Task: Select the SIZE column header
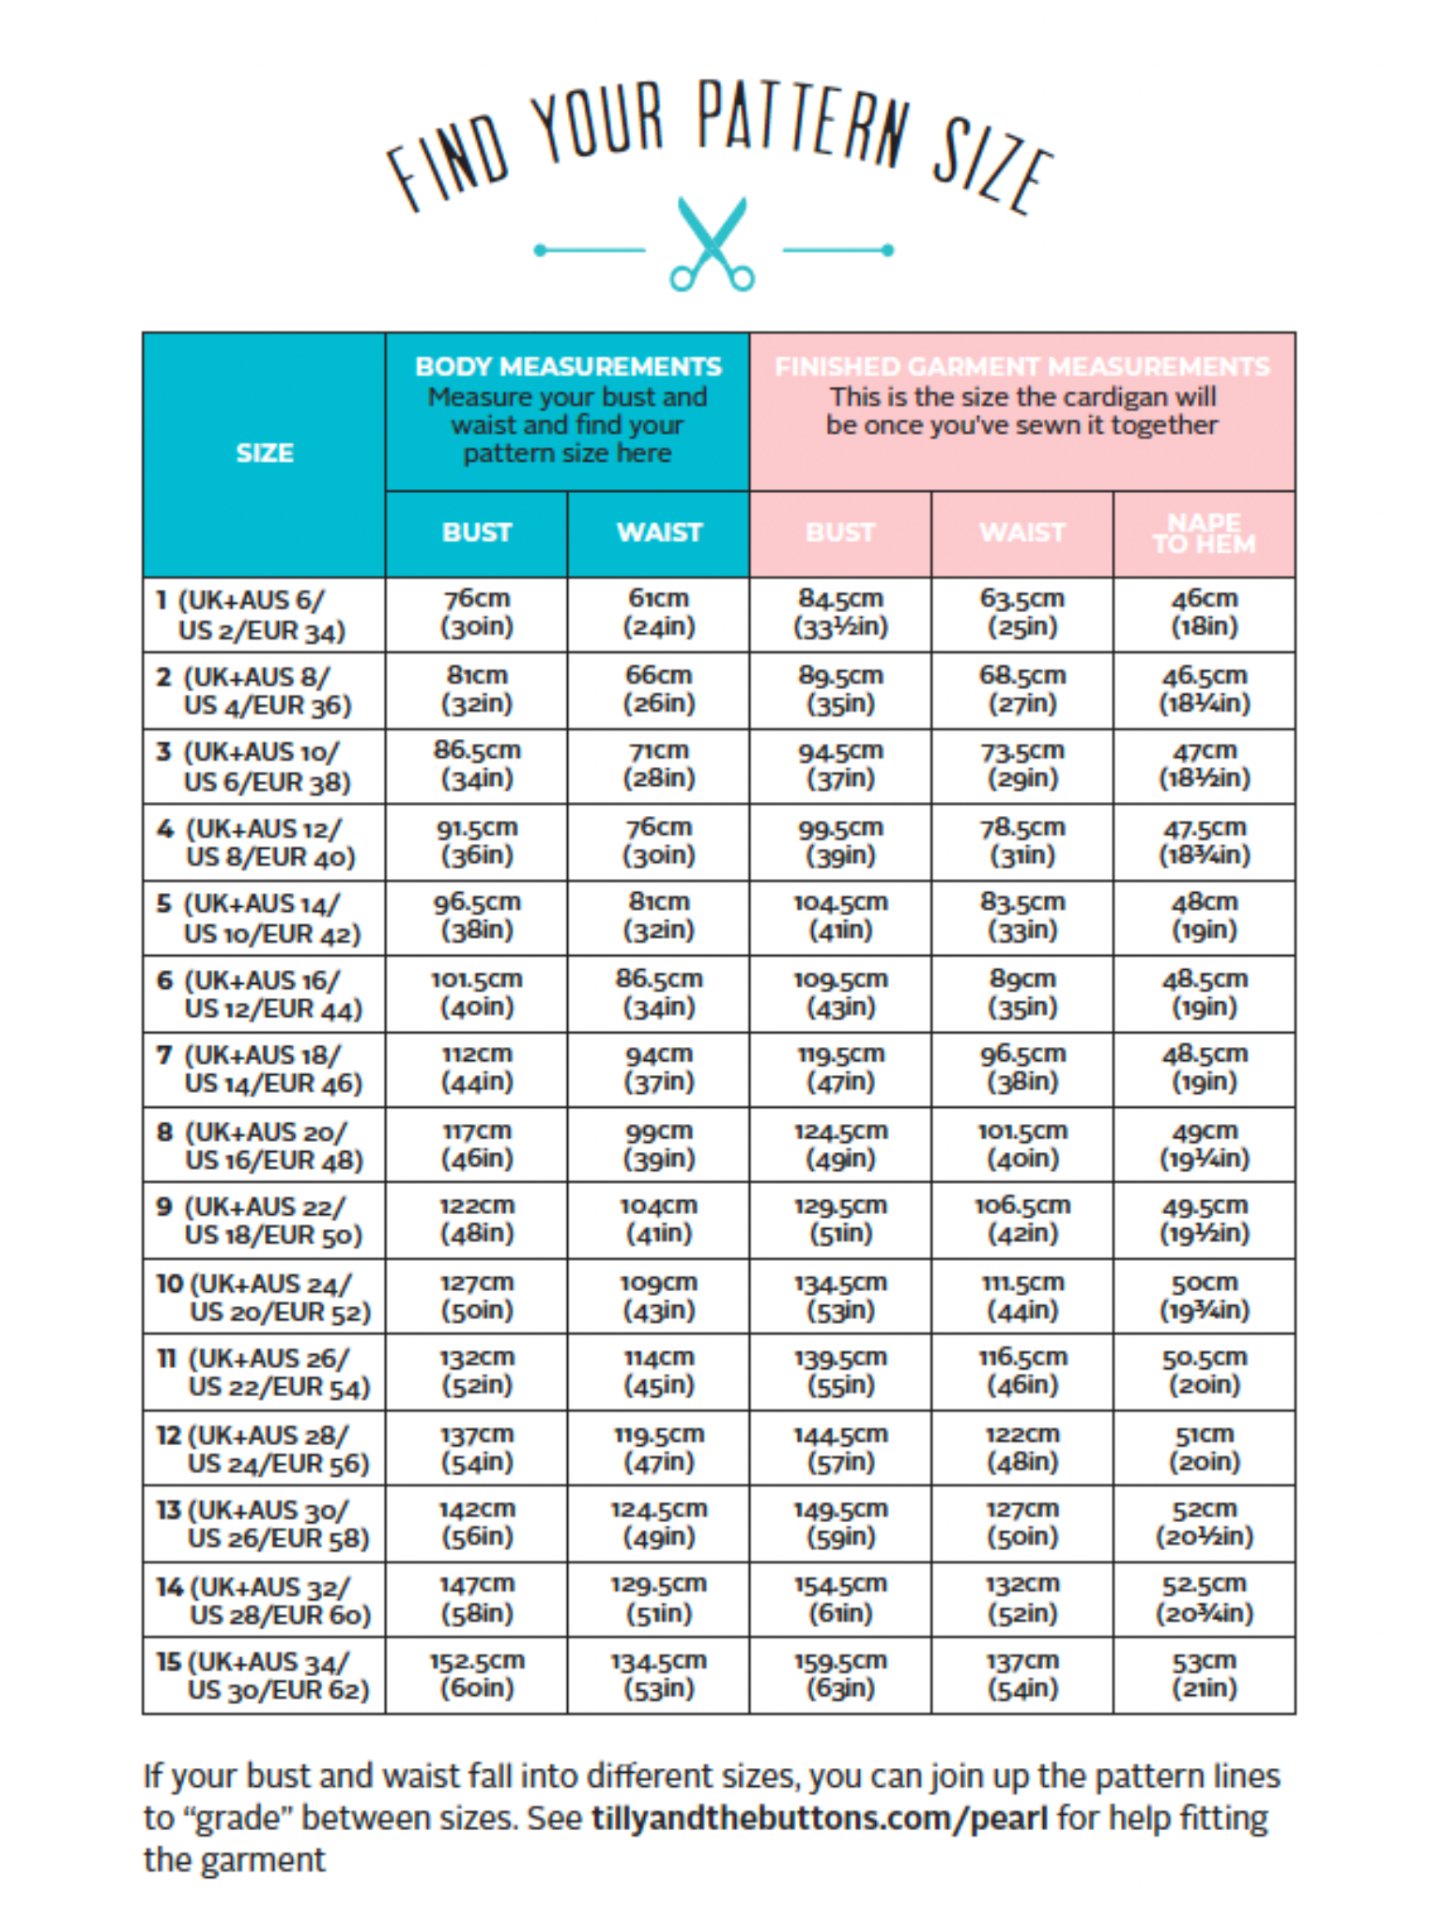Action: coord(265,454)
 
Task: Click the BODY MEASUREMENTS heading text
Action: coord(568,366)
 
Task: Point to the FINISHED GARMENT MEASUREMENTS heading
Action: coord(1021,366)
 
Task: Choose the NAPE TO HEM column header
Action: coord(1204,533)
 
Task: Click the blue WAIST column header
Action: coord(659,532)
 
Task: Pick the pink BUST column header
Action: coord(840,532)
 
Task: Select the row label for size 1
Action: coord(252,615)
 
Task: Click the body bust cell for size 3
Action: coord(477,764)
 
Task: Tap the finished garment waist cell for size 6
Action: coord(1021,992)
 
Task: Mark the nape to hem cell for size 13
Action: coord(1204,1523)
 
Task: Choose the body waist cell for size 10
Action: coord(659,1296)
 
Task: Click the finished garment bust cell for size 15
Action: coord(840,1674)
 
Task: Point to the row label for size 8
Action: coord(260,1146)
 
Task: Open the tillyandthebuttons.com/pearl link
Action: coord(819,1819)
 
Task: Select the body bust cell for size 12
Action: coord(477,1448)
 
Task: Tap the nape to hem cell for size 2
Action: coord(1204,689)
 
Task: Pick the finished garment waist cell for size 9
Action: coord(1021,1219)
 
